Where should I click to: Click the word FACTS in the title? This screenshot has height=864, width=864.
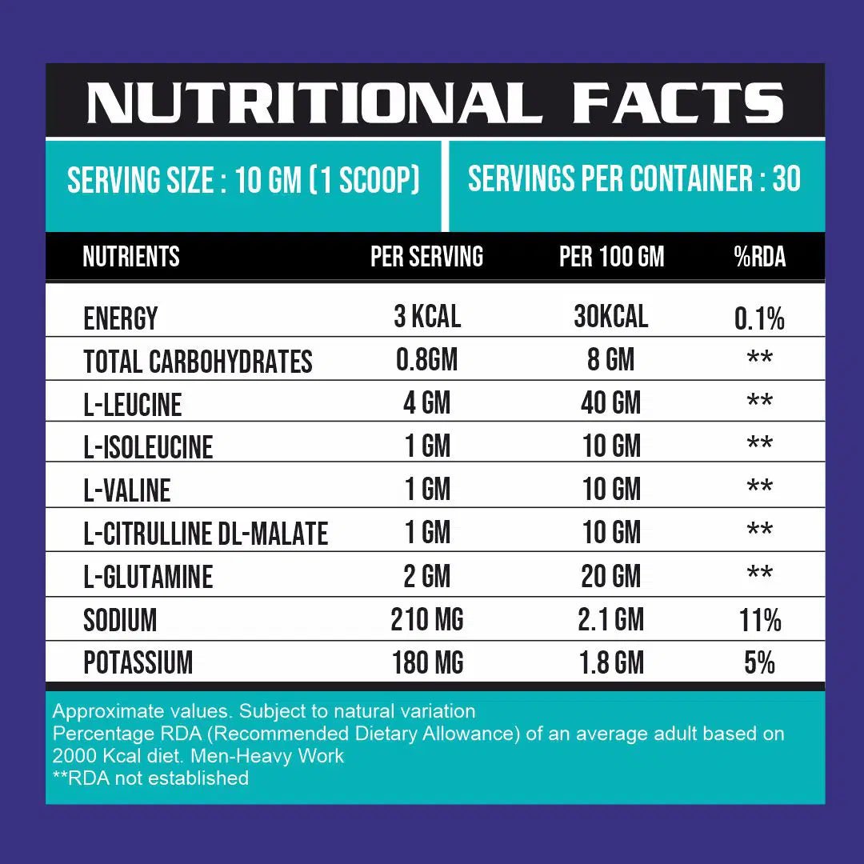[678, 104]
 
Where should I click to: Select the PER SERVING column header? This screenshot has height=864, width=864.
[426, 257]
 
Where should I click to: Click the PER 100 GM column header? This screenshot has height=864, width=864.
[612, 257]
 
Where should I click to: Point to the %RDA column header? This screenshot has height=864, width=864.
[760, 257]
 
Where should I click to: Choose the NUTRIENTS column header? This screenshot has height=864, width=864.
[131, 257]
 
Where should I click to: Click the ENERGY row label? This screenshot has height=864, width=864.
[121, 318]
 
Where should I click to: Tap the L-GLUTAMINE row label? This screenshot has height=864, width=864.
[149, 577]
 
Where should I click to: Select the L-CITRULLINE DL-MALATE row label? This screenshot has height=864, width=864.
[206, 534]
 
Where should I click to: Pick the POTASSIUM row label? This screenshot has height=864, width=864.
[138, 663]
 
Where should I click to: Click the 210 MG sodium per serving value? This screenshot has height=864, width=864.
[427, 619]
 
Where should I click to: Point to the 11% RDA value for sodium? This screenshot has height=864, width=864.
[760, 620]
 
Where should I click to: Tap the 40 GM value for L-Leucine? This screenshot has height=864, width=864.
[611, 403]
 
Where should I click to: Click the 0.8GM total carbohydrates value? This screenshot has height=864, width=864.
[427, 360]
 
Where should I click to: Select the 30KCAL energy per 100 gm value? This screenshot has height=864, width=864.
[611, 317]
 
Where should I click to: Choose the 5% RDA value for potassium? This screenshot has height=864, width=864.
[760, 663]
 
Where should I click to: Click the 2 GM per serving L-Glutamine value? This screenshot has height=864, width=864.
[427, 576]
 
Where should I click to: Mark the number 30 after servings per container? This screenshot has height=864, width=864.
[786, 179]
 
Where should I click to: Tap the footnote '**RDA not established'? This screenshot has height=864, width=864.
[150, 778]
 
